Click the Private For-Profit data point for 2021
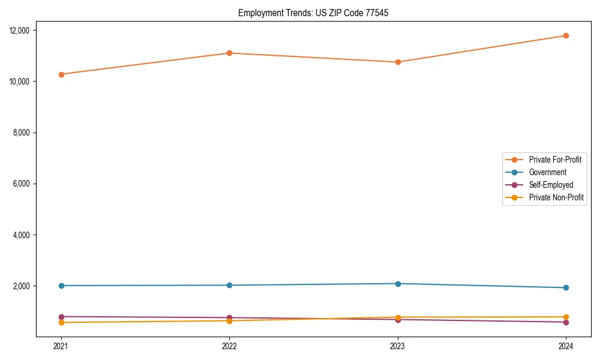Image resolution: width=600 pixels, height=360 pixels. click(61, 74)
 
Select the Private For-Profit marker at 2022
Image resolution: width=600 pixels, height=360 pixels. click(229, 53)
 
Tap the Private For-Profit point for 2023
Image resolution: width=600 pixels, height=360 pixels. click(398, 62)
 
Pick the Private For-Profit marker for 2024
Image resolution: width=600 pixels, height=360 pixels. click(566, 35)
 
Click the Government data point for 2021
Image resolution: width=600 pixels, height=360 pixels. click(61, 286)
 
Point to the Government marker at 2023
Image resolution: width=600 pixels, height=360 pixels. click(398, 283)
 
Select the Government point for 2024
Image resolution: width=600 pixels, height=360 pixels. click(566, 287)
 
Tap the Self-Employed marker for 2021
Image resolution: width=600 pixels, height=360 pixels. click(61, 317)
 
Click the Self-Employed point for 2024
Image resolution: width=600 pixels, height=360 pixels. click(566, 322)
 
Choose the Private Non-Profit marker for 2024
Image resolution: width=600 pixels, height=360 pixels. click(566, 317)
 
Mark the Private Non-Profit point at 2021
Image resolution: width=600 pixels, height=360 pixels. click(61, 322)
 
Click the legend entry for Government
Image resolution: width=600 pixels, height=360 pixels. click(547, 172)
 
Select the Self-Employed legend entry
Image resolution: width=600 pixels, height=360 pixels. click(551, 185)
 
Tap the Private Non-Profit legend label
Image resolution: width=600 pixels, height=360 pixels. click(556, 197)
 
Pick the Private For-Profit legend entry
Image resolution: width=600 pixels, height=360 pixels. click(555, 160)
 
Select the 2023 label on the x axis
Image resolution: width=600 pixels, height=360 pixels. click(398, 346)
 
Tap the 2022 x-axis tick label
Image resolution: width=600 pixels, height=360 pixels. click(229, 346)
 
